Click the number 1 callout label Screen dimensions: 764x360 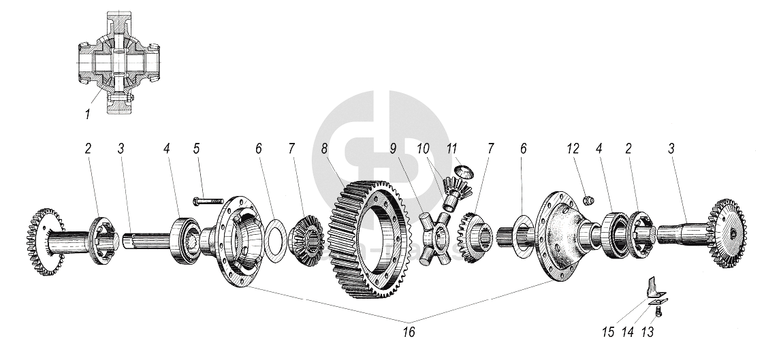pyautogui.click(x=87, y=114)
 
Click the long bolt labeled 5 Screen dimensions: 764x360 pyautogui.click(x=208, y=201)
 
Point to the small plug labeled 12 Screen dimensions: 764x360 pyautogui.click(x=590, y=199)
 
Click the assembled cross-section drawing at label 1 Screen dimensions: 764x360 pyautogui.click(x=117, y=61)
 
